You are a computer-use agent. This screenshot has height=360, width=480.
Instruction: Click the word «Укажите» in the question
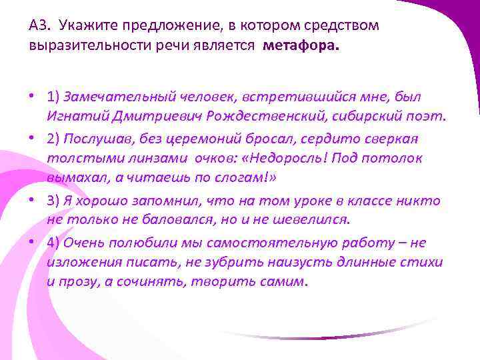pyautogui.click(x=83, y=26)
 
